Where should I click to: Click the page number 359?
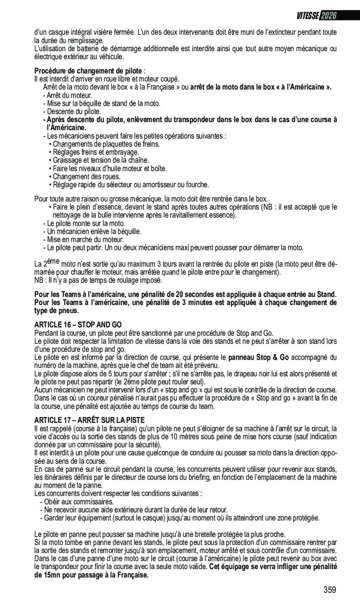pos(329,590)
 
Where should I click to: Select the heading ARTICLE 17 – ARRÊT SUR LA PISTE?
pos(89,420)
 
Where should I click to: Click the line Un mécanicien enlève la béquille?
pos(92,231)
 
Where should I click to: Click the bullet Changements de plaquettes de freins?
pos(106,144)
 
